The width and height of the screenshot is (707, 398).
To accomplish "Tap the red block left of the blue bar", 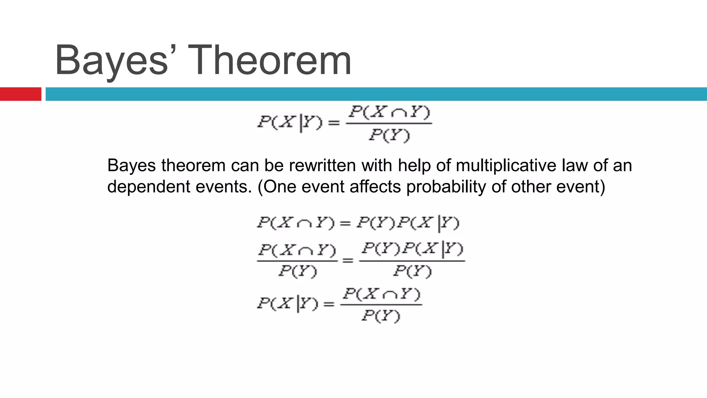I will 20,94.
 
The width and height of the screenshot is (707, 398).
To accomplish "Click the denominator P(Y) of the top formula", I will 389,135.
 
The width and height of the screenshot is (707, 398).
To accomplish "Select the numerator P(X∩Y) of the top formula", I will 389,112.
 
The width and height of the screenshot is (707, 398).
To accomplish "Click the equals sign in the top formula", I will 333,123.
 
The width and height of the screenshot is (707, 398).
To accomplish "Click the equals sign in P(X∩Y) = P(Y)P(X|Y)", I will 345,223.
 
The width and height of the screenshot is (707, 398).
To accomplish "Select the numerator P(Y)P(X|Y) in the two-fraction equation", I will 412,249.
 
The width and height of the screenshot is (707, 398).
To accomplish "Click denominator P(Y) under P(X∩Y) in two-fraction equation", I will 297,272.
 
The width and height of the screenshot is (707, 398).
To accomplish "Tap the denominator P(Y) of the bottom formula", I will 381,316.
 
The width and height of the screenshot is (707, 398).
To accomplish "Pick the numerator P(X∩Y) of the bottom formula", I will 381,294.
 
